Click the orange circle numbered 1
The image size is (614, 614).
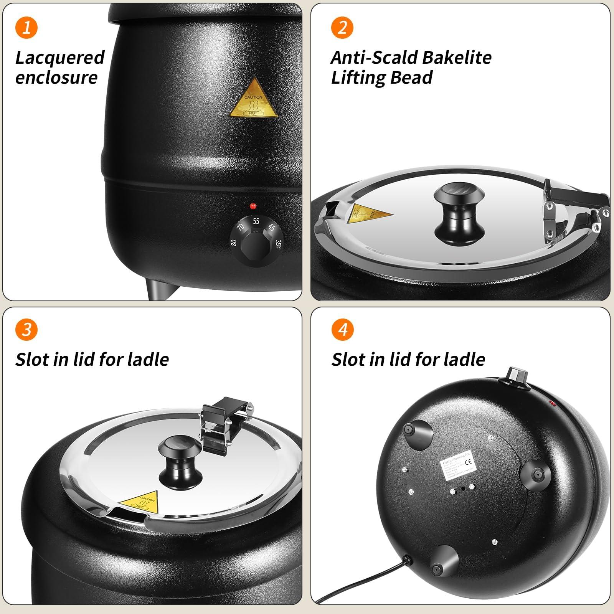pos(26,27)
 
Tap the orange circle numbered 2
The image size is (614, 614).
pos(342,27)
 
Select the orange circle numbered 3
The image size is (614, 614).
pos(26,330)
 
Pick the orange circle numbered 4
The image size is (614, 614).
pos(342,330)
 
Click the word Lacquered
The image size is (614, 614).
pos(60,58)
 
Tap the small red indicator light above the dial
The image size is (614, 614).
pos(253,206)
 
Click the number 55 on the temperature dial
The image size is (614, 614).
pos(256,221)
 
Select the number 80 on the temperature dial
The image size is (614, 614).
pos(234,243)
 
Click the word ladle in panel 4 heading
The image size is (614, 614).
pos(465,360)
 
